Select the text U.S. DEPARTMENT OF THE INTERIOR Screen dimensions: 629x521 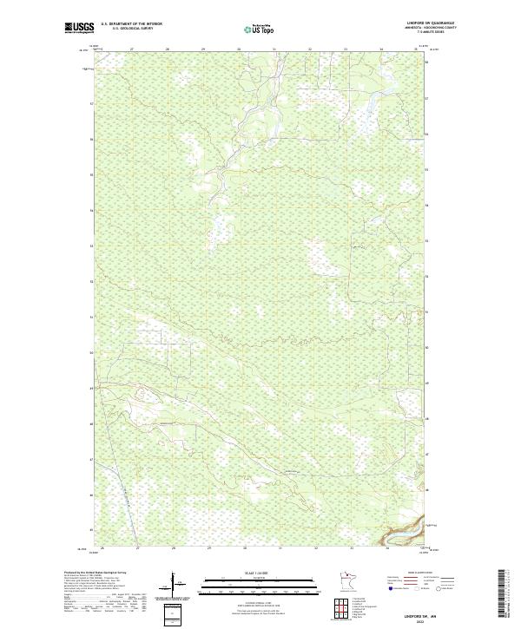[131, 24]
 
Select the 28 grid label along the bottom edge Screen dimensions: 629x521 [174, 548]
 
